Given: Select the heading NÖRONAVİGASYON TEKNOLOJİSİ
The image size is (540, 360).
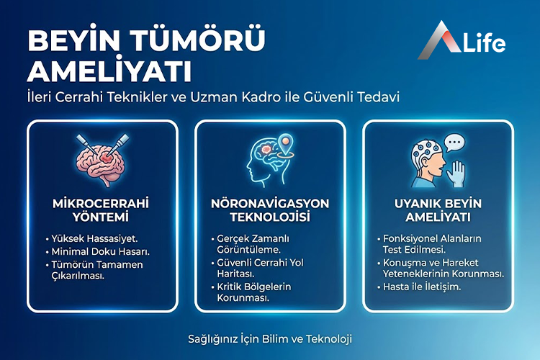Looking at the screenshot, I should (270, 210).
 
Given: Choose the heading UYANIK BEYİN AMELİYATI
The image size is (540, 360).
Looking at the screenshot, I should (438, 210).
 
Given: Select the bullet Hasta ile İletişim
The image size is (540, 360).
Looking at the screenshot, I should (421, 287).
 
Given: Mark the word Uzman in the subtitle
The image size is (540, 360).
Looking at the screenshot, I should (231, 96).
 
